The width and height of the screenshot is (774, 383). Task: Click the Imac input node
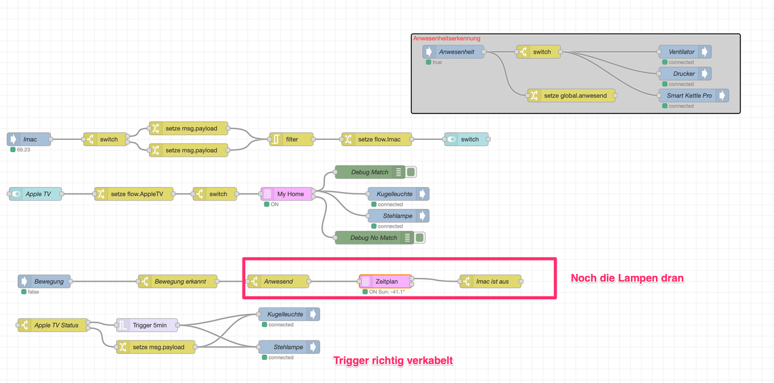tap(30, 139)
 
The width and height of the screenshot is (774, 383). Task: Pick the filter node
tap(292, 139)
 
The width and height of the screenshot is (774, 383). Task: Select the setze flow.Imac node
tap(374, 139)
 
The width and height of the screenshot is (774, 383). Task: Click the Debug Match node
tap(370, 172)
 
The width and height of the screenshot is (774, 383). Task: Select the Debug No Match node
tap(374, 238)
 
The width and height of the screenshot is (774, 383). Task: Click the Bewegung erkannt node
tap(177, 282)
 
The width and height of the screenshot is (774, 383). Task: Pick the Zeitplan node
tap(386, 282)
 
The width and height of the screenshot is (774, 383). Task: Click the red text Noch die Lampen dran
tap(627, 279)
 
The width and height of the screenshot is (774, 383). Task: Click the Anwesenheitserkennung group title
tap(446, 39)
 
